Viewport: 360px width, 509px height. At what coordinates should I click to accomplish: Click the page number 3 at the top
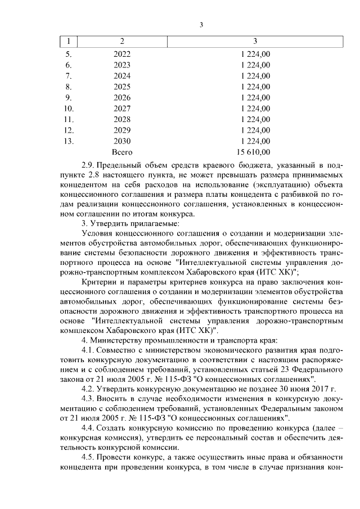tap(201, 25)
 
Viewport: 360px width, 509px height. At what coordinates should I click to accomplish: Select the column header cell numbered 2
tap(122, 42)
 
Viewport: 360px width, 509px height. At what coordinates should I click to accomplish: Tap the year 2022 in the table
tap(121, 54)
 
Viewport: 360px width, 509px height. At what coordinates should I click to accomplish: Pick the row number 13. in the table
tap(69, 141)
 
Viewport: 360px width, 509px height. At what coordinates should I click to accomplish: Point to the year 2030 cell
tap(121, 141)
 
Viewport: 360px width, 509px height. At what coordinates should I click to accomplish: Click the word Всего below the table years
tap(121, 152)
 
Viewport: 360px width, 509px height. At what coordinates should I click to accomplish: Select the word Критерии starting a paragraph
tap(101, 282)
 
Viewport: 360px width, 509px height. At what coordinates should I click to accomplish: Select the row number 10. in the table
tap(69, 108)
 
